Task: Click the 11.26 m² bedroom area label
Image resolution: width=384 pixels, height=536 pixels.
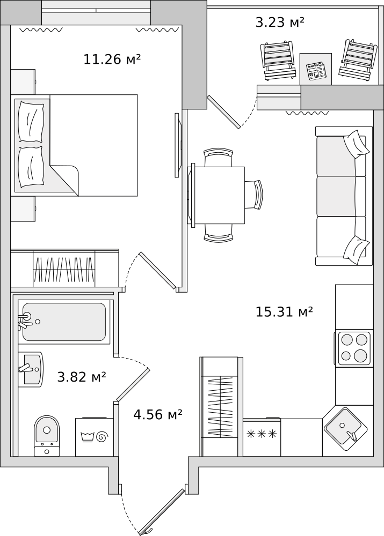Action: coord(112,59)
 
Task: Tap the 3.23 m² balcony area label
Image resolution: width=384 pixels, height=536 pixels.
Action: coord(280,22)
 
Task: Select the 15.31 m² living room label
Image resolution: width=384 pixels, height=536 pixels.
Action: coord(284,311)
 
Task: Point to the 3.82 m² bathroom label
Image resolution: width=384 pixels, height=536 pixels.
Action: coord(82,377)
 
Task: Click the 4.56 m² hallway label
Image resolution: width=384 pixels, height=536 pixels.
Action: coord(157,414)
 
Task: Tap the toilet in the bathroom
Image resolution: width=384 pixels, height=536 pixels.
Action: coord(47,436)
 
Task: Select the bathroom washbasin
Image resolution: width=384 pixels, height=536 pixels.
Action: coord(31,369)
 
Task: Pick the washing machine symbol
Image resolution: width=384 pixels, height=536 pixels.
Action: coord(95,436)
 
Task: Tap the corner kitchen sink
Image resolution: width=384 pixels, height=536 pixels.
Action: coord(345,429)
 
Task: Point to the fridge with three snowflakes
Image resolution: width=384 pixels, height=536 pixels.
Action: coord(262,437)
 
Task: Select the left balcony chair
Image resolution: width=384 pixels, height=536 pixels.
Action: coord(278,61)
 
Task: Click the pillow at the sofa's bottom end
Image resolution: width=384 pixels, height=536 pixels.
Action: coord(356,250)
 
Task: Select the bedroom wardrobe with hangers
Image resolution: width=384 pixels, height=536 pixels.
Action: coord(64,268)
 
